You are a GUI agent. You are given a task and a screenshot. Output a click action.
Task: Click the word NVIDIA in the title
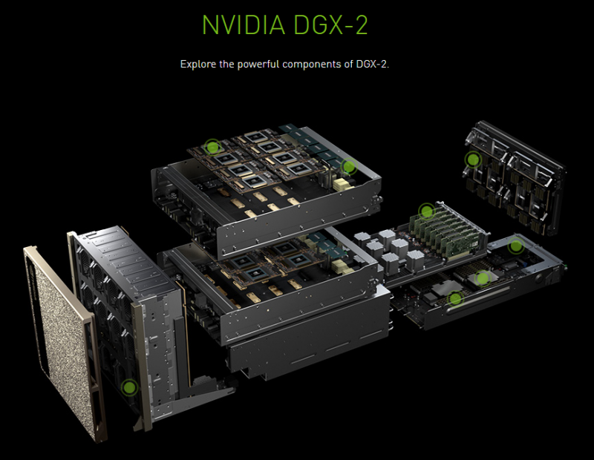(x=244, y=25)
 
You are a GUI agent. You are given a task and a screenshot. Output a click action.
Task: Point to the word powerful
(x=258, y=64)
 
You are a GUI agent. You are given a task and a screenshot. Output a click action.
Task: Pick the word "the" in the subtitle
(x=227, y=64)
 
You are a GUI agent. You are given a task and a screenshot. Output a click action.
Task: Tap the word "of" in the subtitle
(x=348, y=64)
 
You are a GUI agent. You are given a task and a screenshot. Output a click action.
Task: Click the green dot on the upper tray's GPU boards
(x=212, y=147)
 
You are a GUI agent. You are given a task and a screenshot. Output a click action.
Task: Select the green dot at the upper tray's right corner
(x=348, y=166)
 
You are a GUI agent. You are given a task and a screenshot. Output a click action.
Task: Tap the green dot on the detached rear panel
(x=473, y=160)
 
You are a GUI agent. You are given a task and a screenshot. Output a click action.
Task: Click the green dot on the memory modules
(x=426, y=211)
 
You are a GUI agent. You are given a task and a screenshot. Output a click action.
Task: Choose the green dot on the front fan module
(x=129, y=387)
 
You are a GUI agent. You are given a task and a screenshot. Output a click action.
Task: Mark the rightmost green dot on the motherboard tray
(x=515, y=246)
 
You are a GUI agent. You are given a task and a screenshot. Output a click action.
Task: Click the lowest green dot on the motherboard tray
(x=455, y=299)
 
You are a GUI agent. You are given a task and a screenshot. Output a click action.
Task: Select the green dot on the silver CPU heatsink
(x=482, y=279)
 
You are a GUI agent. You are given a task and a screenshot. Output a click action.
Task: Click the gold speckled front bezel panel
(x=62, y=341)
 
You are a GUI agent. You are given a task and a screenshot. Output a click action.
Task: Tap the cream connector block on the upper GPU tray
(x=343, y=185)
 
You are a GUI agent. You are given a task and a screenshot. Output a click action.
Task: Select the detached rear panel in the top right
(x=515, y=178)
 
